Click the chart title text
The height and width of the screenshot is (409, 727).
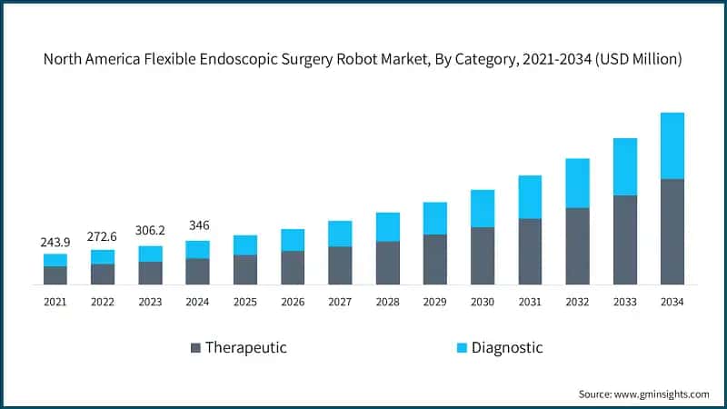[363, 59]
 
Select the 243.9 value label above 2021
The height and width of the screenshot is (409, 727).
[55, 243]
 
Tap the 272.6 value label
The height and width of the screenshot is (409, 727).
[103, 237]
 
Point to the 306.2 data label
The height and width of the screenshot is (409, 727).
[150, 231]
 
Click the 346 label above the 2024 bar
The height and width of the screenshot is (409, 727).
[197, 224]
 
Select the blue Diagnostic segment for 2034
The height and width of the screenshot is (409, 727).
[672, 145]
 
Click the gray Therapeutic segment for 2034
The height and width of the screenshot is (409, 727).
[672, 232]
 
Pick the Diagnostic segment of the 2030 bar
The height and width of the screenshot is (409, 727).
[482, 208]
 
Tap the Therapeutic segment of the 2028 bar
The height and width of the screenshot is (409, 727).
[387, 263]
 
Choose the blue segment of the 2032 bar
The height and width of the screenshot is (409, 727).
[577, 183]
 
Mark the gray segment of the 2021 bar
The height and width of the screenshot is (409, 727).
[55, 275]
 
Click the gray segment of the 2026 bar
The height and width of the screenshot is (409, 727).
[292, 267]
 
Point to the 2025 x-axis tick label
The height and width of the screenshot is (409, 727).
[244, 301]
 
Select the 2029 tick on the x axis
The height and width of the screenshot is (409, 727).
[434, 301]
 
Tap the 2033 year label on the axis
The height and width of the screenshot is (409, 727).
[624, 301]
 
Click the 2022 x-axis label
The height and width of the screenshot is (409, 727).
[103, 301]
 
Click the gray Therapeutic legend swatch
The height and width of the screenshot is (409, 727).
[194, 348]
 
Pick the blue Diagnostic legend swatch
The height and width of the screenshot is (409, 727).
[461, 348]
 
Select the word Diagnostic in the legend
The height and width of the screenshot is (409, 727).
[507, 347]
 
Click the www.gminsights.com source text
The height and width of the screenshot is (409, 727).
[661, 394]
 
